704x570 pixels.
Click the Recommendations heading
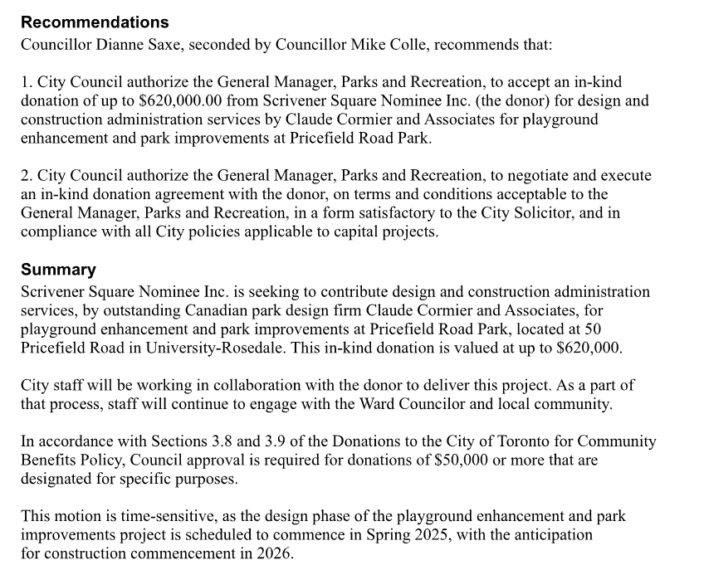point(95,22)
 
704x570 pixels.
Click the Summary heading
point(58,270)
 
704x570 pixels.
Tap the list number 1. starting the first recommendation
point(27,82)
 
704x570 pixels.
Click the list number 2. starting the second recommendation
point(27,176)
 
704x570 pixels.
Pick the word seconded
point(218,44)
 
